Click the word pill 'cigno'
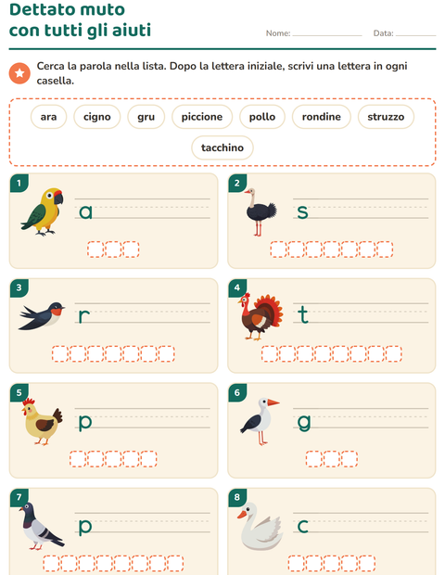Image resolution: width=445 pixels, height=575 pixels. [x=97, y=117]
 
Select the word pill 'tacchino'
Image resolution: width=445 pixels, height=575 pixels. [x=222, y=147]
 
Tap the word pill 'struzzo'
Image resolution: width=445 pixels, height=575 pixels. [x=386, y=117]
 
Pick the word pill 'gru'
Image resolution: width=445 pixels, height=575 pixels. [x=146, y=117]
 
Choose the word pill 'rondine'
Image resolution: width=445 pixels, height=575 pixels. [x=321, y=117]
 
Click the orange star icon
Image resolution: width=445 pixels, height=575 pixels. [x=19, y=73]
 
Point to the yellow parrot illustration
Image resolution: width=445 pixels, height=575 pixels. [x=43, y=211]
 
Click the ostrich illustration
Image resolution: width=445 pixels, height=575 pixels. [x=261, y=212]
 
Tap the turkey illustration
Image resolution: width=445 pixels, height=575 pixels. [x=261, y=316]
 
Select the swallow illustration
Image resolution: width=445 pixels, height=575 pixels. [x=42, y=315]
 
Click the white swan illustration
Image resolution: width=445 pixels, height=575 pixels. [x=260, y=526]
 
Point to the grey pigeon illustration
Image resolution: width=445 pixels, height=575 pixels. [x=42, y=526]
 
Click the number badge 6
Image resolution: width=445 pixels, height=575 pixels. [x=237, y=392]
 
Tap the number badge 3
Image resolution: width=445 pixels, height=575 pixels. [x=19, y=287]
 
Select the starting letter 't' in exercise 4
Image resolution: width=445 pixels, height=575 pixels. [x=303, y=314]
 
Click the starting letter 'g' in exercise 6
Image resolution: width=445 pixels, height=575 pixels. [x=304, y=423]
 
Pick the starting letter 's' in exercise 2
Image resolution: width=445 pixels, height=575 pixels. [x=302, y=212]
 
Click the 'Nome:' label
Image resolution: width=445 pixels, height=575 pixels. [x=278, y=33]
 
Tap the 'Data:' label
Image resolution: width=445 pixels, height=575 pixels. [x=384, y=33]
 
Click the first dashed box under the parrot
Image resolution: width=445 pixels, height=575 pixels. [x=95, y=249]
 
